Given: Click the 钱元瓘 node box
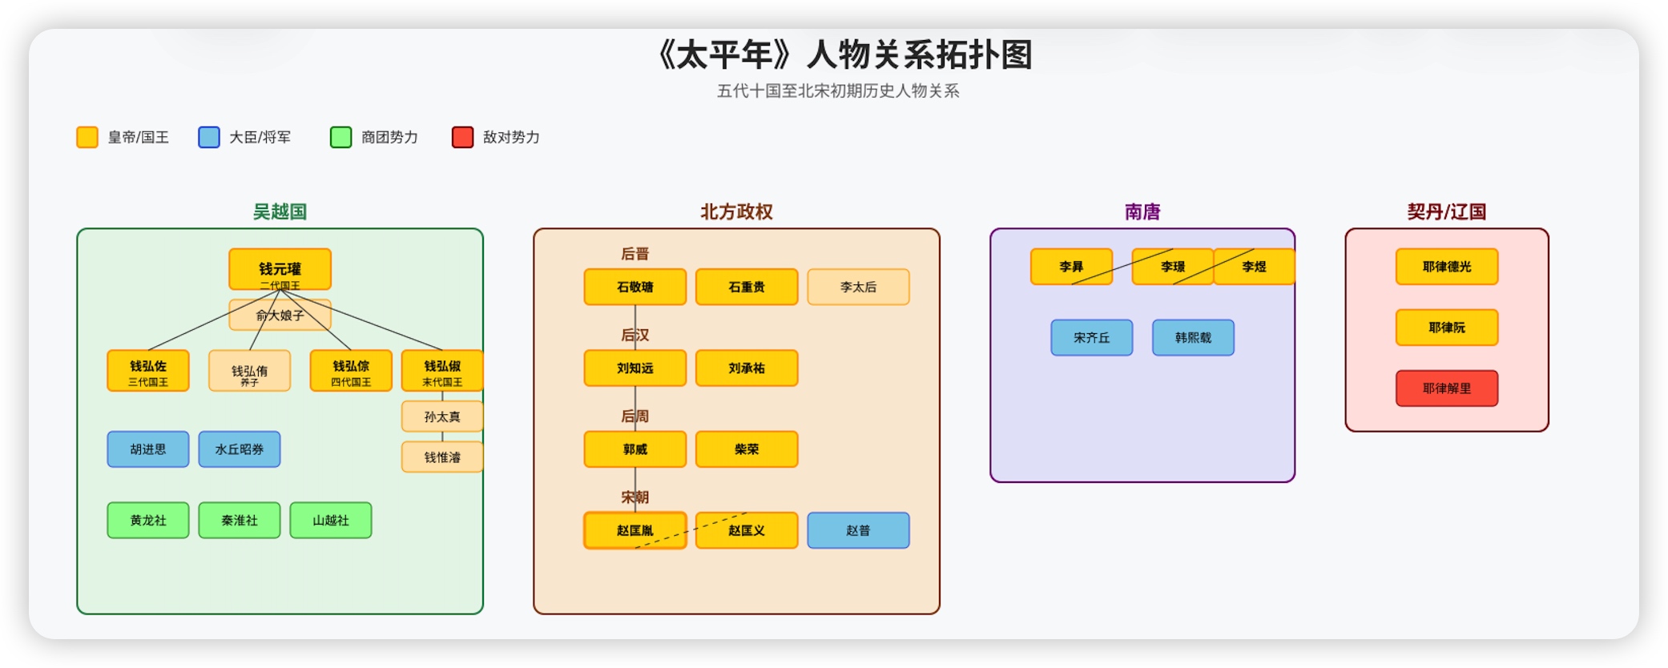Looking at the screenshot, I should pos(280,269).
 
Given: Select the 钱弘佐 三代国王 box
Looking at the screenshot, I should pos(148,371).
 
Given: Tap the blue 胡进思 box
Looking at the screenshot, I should pos(148,449).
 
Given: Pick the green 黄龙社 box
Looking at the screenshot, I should pos(148,521).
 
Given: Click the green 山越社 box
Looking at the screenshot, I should pos(331,521).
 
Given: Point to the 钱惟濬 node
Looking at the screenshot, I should pos(442,457).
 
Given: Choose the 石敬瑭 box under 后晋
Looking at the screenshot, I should pos(635,287).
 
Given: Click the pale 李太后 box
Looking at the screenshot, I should pos(858,287).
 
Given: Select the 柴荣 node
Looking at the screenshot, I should pos(746,449).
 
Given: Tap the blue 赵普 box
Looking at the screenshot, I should pos(858,530).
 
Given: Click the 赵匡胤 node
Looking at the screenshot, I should pos(635,530).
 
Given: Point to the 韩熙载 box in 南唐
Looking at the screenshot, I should pos(1193,338).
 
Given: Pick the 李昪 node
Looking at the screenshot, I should pos(1071,267).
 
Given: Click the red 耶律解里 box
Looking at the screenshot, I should pos(1446,388).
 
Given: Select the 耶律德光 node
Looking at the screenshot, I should pos(1446,267).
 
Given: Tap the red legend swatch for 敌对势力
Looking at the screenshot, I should pos(462,137).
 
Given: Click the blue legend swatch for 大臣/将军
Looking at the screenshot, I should pos(209,137).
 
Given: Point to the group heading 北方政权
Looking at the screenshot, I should pos(736,211).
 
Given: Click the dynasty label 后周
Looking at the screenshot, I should pos(635,416).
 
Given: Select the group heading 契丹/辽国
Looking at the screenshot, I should pos(1446,211).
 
